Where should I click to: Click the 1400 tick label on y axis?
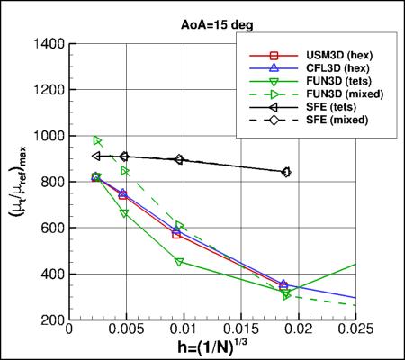pos(47,43)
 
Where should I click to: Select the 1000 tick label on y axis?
pos(47,136)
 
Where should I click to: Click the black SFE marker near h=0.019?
pos(285,172)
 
